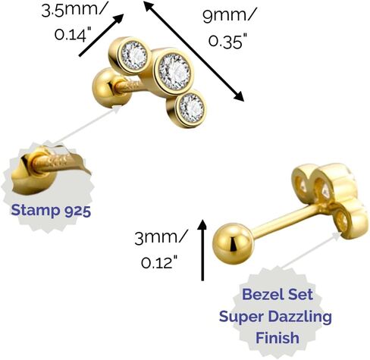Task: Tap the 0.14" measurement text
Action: [73, 34]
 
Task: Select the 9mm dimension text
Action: [230, 15]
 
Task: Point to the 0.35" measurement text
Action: [226, 41]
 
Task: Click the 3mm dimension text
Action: [161, 238]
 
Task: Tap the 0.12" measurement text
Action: [159, 262]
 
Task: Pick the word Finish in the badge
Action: [277, 338]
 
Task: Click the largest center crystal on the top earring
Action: [174, 72]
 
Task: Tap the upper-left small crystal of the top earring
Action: [134, 55]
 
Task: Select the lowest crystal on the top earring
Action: [191, 108]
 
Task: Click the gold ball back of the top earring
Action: [111, 88]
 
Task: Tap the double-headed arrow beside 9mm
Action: [194, 51]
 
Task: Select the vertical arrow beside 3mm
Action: [202, 250]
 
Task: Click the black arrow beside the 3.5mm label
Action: [102, 35]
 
